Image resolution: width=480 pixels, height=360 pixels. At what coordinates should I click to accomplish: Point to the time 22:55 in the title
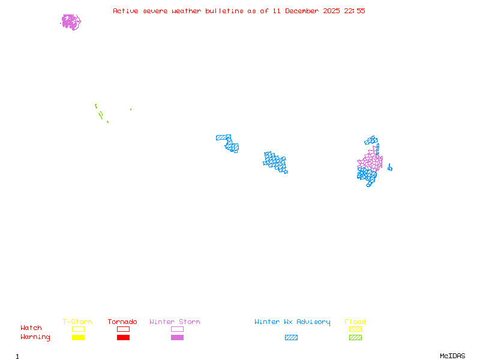[355, 11]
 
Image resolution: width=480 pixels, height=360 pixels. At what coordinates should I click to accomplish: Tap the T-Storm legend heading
[77, 322]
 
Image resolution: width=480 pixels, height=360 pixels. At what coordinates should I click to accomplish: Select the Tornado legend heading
[122, 322]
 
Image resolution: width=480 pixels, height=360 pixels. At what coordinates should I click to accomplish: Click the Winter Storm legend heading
[175, 322]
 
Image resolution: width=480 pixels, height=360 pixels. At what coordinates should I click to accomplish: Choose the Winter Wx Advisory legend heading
[292, 322]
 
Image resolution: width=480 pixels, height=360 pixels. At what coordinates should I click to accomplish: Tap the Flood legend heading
[355, 322]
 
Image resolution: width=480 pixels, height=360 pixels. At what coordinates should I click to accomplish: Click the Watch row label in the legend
[31, 328]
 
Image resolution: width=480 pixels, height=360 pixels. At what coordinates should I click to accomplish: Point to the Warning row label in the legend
[35, 337]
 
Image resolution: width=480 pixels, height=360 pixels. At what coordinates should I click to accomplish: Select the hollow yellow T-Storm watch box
[78, 329]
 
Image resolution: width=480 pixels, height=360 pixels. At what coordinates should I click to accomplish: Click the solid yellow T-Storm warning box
[78, 338]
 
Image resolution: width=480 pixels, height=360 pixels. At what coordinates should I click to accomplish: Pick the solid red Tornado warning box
[123, 338]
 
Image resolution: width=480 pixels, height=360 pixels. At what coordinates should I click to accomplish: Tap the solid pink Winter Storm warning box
[177, 338]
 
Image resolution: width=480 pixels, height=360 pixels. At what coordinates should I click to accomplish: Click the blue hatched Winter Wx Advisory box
[291, 338]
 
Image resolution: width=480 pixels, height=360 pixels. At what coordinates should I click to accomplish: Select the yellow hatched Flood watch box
[355, 329]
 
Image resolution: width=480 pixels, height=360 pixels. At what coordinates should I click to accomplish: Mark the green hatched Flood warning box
[355, 338]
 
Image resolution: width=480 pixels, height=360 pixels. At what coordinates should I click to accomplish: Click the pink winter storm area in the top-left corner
[71, 22]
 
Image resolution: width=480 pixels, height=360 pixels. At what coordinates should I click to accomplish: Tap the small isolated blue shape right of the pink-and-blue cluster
[389, 167]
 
